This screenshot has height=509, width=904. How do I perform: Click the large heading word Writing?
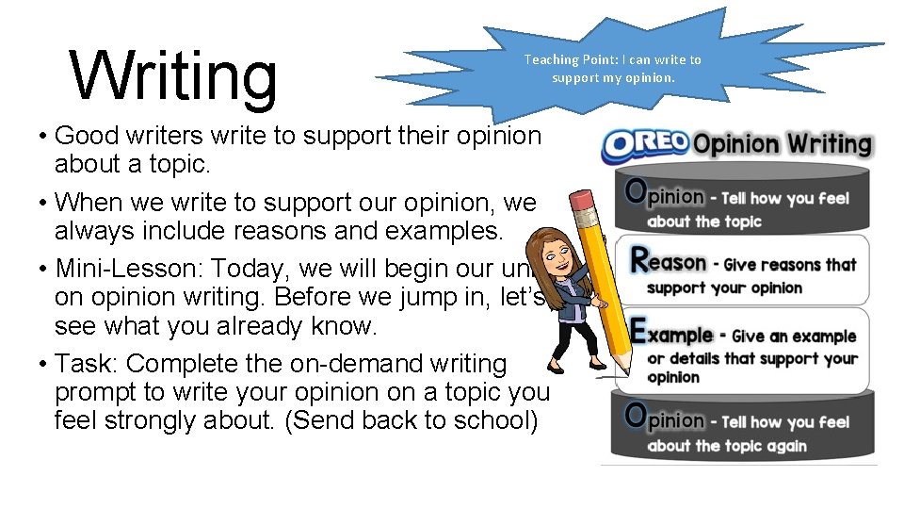pos(174,75)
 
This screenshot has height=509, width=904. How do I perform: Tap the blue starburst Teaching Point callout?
pos(612,68)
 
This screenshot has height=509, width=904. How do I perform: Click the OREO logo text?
pos(645,145)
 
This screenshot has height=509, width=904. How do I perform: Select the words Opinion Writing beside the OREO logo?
pos(783,144)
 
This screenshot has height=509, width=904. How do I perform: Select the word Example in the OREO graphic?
pos(671,334)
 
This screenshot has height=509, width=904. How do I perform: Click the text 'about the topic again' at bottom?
pos(727,445)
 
